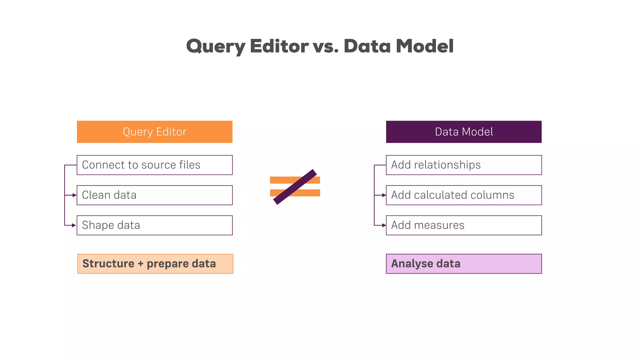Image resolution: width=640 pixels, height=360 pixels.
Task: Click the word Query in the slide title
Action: (x=216, y=46)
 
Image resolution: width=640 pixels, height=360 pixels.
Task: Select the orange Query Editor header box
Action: (x=155, y=132)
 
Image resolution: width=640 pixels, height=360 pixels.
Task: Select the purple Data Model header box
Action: (x=464, y=132)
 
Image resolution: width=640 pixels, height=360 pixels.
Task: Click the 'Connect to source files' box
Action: (x=155, y=165)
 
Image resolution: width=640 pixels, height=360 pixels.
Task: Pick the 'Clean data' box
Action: (x=155, y=195)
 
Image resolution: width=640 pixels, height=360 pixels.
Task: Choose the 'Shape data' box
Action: (x=155, y=225)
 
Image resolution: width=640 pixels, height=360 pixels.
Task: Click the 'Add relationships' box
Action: (x=464, y=165)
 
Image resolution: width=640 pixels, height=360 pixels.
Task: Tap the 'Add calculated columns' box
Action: (x=464, y=195)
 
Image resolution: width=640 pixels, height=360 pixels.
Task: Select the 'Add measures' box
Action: (x=464, y=225)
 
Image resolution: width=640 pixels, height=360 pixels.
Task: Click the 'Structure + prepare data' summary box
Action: (x=155, y=264)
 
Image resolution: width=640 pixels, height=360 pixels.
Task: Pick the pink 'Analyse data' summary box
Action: (x=464, y=264)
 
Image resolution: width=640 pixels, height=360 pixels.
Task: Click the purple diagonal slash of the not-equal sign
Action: (x=295, y=187)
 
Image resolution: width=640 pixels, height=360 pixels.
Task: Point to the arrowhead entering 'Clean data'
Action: (x=74, y=195)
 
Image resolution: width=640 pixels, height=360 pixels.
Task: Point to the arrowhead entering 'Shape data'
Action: (x=74, y=225)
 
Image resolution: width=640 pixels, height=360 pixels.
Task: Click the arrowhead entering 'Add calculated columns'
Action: (x=384, y=195)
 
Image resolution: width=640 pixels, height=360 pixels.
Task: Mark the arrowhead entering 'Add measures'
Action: (x=384, y=225)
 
